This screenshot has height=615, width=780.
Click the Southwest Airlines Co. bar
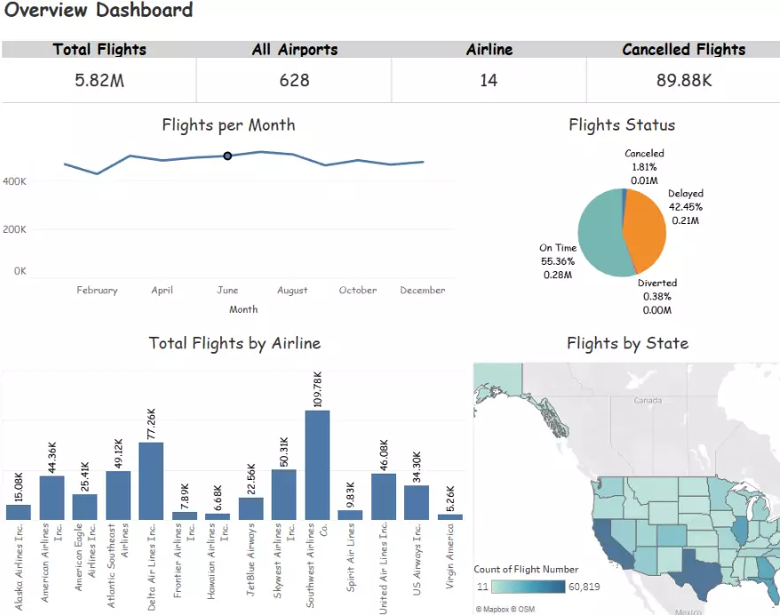pyautogui.click(x=317, y=465)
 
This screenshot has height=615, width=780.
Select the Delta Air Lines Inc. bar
pyautogui.click(x=151, y=481)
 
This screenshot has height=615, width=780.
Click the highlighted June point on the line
pyautogui.click(x=227, y=156)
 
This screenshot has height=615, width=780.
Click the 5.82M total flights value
pyautogui.click(x=99, y=81)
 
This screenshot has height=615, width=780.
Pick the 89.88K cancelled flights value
pyautogui.click(x=683, y=81)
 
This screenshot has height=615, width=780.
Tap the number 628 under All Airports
pyautogui.click(x=294, y=81)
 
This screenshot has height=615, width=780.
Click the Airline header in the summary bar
pyautogui.click(x=489, y=50)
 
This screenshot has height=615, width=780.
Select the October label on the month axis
pyautogui.click(x=357, y=291)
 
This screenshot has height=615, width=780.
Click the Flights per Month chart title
pyautogui.click(x=228, y=125)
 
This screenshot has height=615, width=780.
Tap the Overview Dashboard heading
pyautogui.click(x=99, y=11)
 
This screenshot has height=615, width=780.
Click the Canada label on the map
pyautogui.click(x=647, y=401)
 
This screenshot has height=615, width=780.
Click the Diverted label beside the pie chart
pyautogui.click(x=657, y=284)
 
